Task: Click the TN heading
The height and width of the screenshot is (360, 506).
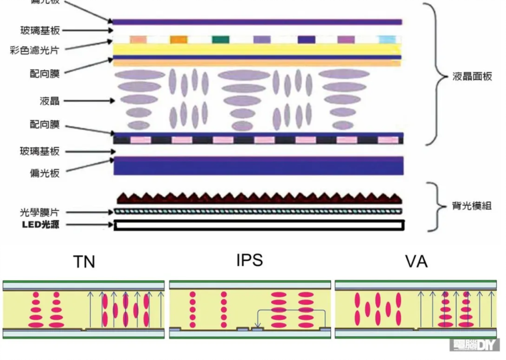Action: click(x=84, y=262)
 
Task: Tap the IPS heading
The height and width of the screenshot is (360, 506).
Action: click(x=250, y=260)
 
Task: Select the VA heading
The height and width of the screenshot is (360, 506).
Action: click(x=416, y=262)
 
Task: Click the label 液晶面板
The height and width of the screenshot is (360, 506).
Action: click(x=472, y=77)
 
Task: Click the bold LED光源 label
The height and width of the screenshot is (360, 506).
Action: click(x=40, y=225)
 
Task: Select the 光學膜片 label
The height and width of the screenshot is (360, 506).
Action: click(x=40, y=212)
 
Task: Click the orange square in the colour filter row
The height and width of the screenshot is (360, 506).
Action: click(x=179, y=39)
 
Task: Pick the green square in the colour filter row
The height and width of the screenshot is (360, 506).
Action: click(x=220, y=39)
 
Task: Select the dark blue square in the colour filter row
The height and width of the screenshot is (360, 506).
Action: click(x=306, y=39)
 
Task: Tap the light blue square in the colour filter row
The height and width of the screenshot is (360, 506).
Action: click(x=387, y=39)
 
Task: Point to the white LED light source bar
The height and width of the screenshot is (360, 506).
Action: click(x=259, y=225)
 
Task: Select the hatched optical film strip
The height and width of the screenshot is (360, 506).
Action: click(x=259, y=211)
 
